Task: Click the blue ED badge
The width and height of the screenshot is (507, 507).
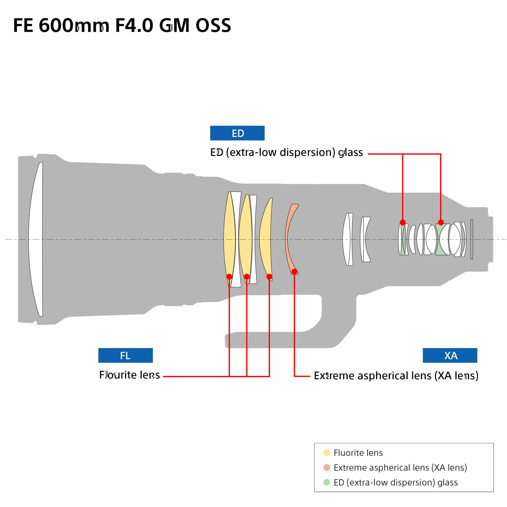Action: click(x=237, y=133)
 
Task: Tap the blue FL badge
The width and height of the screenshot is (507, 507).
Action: click(x=125, y=355)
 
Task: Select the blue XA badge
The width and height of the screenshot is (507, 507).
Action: click(x=450, y=355)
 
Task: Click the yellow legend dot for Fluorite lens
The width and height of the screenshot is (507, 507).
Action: click(x=327, y=452)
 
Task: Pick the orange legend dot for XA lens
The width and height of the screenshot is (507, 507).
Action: click(x=327, y=467)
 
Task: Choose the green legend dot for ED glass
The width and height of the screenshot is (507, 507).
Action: click(x=327, y=482)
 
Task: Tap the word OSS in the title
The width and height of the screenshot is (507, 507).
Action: click(x=213, y=25)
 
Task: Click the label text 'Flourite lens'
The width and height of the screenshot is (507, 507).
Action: click(x=129, y=375)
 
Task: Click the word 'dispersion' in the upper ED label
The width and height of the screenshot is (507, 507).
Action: click(x=307, y=152)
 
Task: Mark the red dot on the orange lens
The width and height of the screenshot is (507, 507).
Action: click(x=294, y=271)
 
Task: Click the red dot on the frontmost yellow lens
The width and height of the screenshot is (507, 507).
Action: click(x=229, y=277)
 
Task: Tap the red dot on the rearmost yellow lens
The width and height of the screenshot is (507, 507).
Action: click(x=269, y=277)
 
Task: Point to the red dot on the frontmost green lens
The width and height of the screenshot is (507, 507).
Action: click(x=403, y=223)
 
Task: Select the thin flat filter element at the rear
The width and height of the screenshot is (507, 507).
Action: click(x=472, y=239)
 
